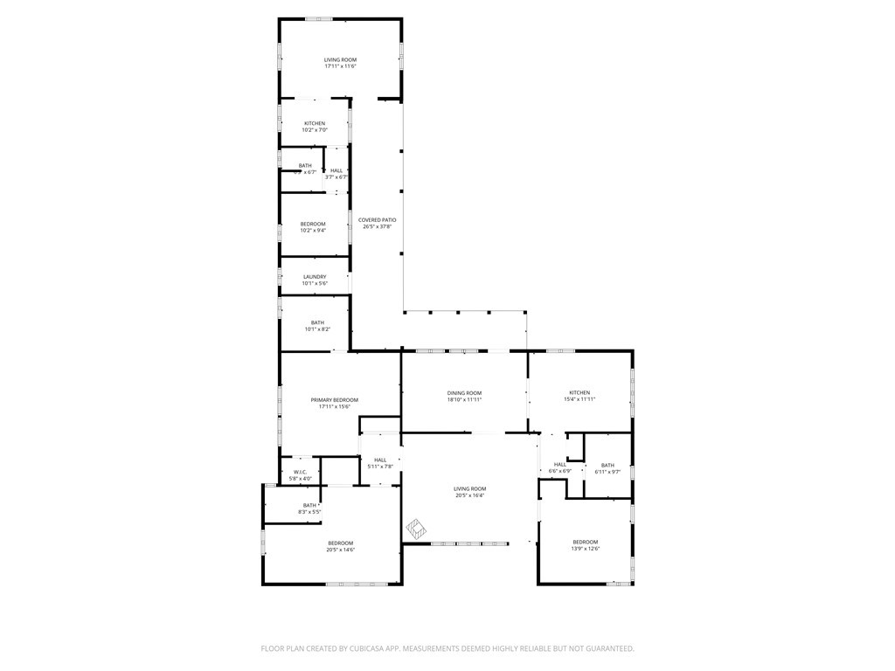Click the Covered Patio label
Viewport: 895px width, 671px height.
378,219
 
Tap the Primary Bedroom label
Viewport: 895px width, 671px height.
335,399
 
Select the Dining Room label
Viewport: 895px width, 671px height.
464,393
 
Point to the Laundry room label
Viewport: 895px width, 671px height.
315,277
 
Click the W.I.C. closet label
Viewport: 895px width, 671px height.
300,472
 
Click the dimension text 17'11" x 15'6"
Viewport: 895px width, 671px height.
335,406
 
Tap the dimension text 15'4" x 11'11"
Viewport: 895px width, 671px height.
579,399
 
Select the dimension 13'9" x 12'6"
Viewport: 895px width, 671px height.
585,549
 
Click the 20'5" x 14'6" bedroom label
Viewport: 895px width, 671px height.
340,543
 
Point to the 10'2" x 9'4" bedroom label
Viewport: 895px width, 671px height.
314,225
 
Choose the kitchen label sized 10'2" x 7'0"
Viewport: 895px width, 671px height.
315,123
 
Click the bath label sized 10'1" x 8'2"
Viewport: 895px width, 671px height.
316,322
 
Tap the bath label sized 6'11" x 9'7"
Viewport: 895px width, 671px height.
607,465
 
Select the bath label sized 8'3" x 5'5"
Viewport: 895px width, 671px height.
309,505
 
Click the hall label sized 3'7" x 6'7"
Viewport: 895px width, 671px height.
336,170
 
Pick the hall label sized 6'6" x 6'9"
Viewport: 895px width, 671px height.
559,464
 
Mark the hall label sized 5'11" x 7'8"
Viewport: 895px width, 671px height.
380,460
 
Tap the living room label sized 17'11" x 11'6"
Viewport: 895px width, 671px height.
340,59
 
